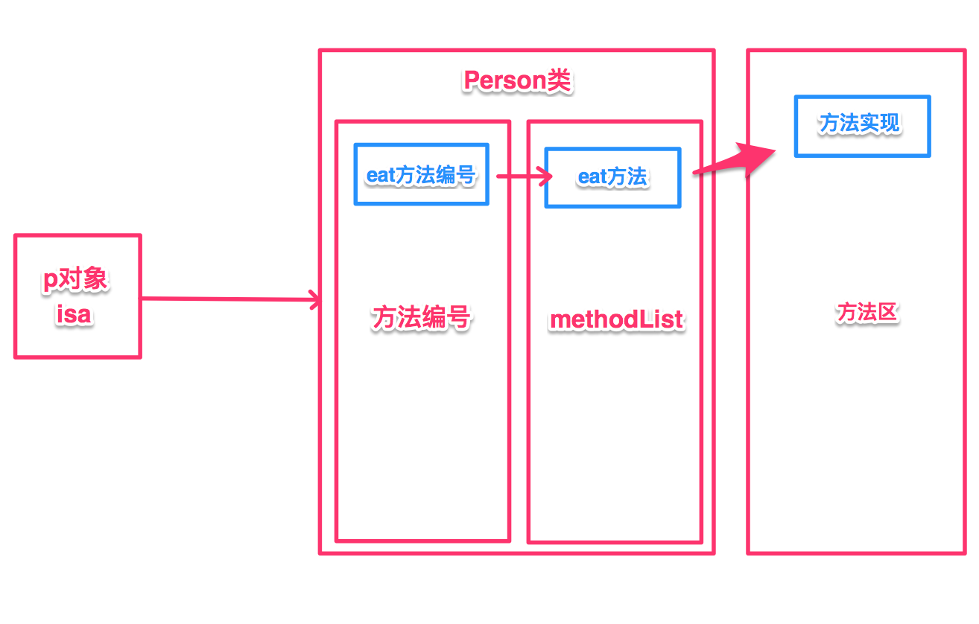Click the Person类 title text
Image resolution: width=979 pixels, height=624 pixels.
click(x=516, y=80)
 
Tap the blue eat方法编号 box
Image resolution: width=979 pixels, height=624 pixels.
click(x=421, y=175)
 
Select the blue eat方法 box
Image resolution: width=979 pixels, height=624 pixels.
click(x=612, y=177)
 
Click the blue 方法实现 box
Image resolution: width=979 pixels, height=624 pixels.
click(x=861, y=126)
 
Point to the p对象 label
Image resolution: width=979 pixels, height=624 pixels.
click(x=75, y=279)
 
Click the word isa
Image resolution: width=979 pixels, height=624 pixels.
click(x=74, y=314)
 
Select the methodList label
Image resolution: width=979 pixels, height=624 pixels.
click(x=616, y=319)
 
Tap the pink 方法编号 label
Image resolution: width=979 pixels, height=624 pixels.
click(x=421, y=318)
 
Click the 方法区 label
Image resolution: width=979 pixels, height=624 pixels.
click(x=867, y=313)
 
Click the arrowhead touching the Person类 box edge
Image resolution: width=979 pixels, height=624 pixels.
click(x=317, y=301)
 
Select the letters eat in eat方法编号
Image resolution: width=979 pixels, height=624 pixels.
click(x=379, y=176)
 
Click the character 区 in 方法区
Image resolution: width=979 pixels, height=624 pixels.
click(x=888, y=313)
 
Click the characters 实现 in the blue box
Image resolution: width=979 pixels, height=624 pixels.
click(x=881, y=123)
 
